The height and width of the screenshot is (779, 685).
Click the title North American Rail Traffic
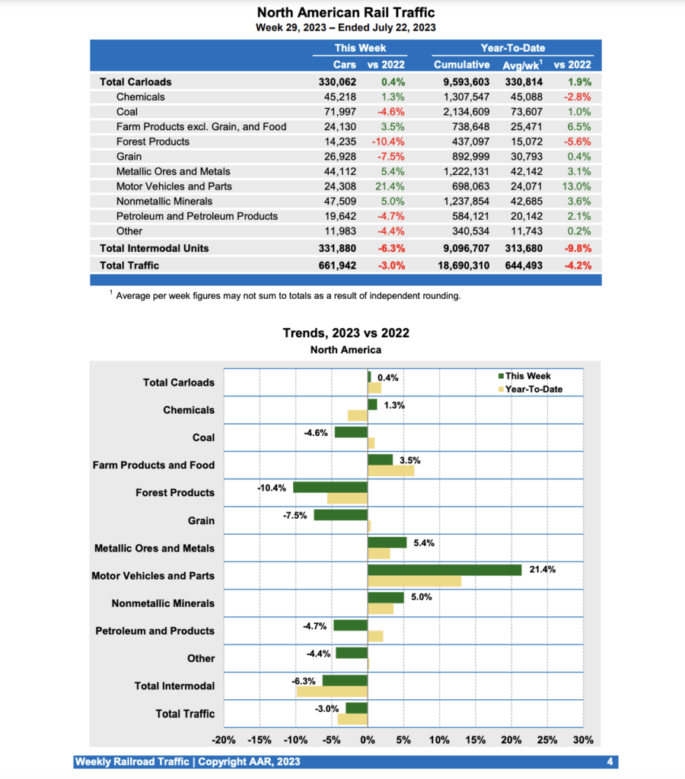tap(346, 13)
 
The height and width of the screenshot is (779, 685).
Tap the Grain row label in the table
tap(129, 157)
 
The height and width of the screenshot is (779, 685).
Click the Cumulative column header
tap(461, 65)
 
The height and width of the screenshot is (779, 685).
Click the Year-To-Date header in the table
tap(512, 48)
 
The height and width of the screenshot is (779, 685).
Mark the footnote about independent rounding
tap(288, 296)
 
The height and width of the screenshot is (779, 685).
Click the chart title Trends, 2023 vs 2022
tap(346, 333)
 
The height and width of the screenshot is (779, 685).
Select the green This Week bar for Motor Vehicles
tap(444, 570)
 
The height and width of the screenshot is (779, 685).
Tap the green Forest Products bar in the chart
tap(330, 487)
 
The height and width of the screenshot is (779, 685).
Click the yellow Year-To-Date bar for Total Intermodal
tap(332, 692)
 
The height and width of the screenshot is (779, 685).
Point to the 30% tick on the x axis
tap(583, 740)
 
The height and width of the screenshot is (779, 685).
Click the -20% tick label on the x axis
tap(223, 740)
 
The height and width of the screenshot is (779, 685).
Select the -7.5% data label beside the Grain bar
tap(295, 515)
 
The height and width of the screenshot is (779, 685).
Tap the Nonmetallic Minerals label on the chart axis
tap(163, 603)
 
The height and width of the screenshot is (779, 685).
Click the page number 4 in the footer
tap(610, 762)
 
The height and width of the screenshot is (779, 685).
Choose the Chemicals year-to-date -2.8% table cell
tap(577, 97)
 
